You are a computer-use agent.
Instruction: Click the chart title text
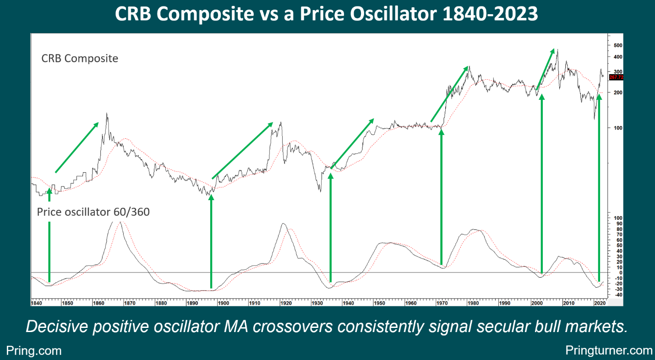(326, 14)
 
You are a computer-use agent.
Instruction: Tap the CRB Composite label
(80, 59)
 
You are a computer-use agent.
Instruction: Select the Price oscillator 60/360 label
(93, 212)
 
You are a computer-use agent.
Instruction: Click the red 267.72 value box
(616, 77)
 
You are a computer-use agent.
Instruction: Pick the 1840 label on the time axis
(36, 303)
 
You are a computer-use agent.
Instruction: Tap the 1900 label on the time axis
(223, 303)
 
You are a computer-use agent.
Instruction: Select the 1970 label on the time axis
(442, 303)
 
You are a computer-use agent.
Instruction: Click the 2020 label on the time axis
(598, 303)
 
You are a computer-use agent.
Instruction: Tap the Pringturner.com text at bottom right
(609, 350)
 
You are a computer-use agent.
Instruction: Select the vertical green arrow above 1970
(442, 197)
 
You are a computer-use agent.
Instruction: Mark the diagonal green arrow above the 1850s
(76, 147)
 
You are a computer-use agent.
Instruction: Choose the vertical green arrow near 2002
(542, 183)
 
